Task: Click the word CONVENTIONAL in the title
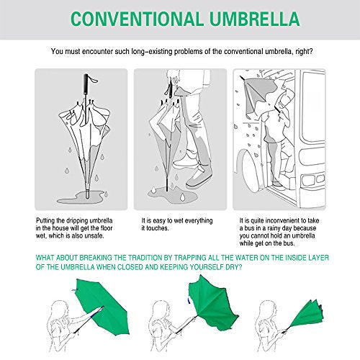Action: pyautogui.click(x=137, y=19)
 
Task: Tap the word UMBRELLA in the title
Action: pyautogui.click(x=255, y=19)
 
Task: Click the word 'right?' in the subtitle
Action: pyautogui.click(x=304, y=52)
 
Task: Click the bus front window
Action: pyautogui.click(x=313, y=107)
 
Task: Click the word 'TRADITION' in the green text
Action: pyautogui.click(x=144, y=258)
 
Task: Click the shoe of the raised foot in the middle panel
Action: pyautogui.click(x=186, y=161)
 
